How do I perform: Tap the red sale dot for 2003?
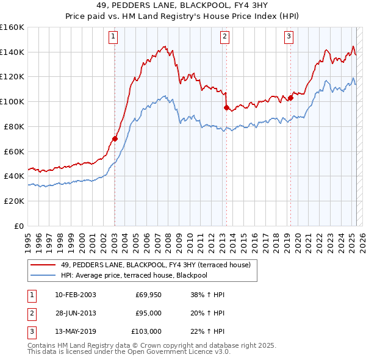[115, 139]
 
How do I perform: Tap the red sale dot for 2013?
[226, 107]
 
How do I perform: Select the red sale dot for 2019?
[290, 97]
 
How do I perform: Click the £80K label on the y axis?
[14, 126]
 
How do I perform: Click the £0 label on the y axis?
[18, 226]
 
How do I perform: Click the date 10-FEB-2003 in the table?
[75, 295]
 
